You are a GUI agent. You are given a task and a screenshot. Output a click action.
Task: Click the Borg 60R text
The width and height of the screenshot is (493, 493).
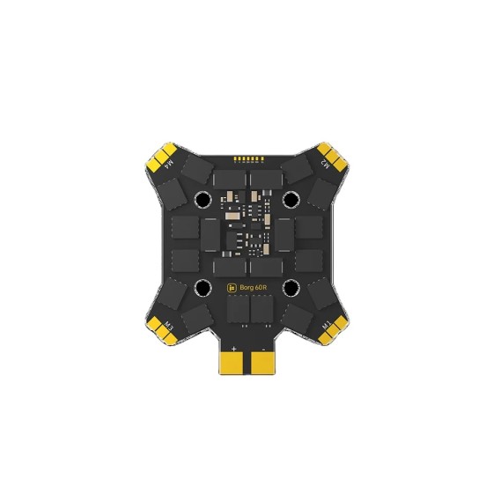click(254, 286)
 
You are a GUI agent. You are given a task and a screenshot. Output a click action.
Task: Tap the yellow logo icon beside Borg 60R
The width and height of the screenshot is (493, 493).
click(232, 287)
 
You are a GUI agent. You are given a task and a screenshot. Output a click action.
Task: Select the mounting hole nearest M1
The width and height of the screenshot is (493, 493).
click(291, 287)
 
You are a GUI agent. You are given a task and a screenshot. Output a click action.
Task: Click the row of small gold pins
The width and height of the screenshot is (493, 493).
click(247, 159)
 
